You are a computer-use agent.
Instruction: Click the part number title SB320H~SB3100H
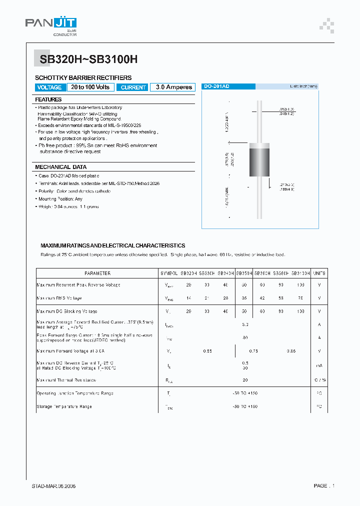[86, 58]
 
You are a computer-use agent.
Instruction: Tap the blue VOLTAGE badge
[49, 87]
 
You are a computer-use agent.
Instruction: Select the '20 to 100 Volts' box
[90, 87]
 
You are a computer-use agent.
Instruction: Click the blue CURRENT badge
[133, 87]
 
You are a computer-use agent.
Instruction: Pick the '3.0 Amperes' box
[173, 87]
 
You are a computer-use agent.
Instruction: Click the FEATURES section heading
[48, 99]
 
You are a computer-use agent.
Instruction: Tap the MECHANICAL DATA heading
[60, 167]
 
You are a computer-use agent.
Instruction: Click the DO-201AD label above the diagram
[216, 86]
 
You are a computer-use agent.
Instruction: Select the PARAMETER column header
[97, 273]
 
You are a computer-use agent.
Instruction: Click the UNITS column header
[319, 273]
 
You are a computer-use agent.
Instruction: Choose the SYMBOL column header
[168, 273]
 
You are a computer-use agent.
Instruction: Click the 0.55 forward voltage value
[207, 351]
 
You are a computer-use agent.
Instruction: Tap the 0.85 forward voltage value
[290, 351]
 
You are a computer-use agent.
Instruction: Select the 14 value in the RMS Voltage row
[188, 298]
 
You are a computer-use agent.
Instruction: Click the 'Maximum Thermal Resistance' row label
[66, 380]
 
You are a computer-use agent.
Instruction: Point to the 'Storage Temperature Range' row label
[64, 406]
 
